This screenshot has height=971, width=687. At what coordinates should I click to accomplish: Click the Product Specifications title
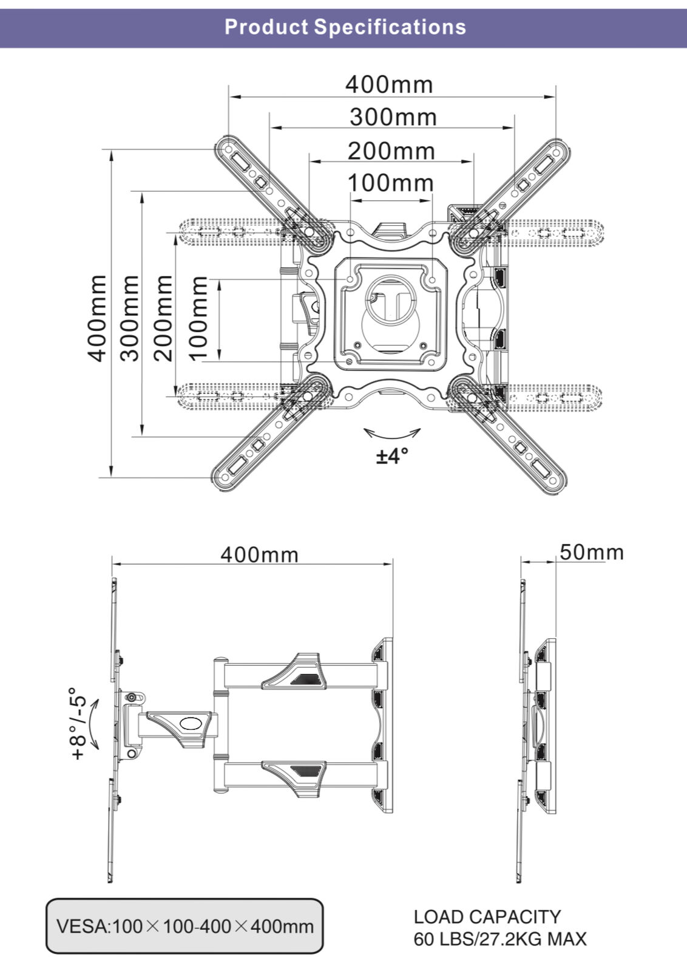point(345,27)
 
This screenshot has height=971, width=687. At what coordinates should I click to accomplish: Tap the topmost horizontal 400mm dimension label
point(389,84)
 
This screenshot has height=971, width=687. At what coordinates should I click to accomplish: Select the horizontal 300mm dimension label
point(393,117)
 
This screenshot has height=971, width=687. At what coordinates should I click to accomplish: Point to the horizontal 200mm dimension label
point(391,151)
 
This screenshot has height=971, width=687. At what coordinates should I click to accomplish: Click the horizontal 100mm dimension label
point(390,182)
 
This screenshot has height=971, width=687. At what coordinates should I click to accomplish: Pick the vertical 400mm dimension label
point(97,318)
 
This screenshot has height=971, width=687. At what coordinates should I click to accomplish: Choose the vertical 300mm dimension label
point(129,318)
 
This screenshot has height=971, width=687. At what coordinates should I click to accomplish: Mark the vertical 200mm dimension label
point(163,318)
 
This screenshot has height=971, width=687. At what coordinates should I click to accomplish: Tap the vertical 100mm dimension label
point(198,318)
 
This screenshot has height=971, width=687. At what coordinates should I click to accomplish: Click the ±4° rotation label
point(392,455)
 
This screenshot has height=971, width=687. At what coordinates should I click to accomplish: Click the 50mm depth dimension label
point(591,552)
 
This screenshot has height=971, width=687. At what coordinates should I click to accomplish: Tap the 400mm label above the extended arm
point(259,554)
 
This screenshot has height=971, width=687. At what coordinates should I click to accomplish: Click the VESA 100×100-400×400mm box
point(184,926)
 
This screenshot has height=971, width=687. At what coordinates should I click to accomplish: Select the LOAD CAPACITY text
point(487,916)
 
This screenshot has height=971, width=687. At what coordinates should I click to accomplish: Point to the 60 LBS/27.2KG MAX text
point(500,939)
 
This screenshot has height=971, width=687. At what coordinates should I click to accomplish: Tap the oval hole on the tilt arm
point(191,723)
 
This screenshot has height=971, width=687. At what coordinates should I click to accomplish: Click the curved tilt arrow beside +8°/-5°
point(93,724)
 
